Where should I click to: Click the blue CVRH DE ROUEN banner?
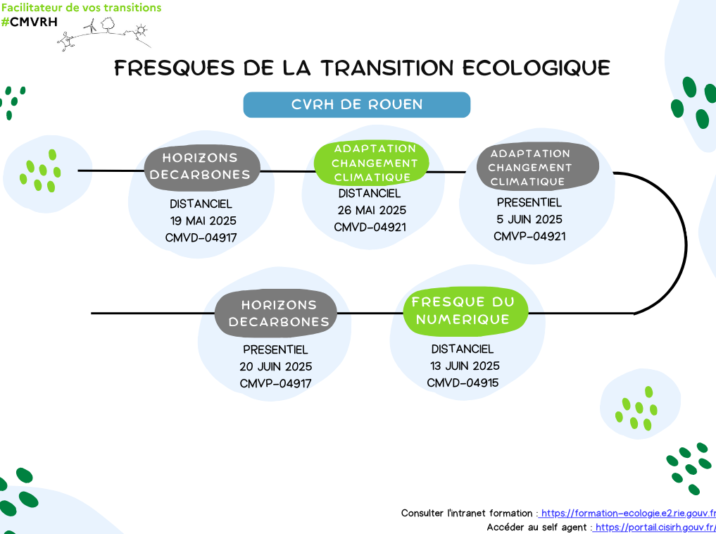point(357,104)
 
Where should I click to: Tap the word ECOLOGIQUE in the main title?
point(536,68)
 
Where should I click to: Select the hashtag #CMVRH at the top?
point(30,21)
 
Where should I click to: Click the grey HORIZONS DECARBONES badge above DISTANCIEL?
point(202,167)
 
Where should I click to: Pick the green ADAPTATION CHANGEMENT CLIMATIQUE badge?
point(372,163)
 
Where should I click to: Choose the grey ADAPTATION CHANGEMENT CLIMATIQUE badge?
point(537,167)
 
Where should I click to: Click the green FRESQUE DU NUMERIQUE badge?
point(465,311)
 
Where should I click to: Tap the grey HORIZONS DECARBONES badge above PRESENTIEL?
point(276,313)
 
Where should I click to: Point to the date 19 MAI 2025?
point(203,221)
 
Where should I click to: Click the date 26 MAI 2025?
point(372,210)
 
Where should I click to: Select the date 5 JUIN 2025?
point(529,219)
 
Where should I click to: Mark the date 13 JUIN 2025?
point(465,366)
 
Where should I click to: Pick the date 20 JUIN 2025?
point(276,366)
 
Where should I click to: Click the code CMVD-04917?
point(201,237)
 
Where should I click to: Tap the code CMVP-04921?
point(529,236)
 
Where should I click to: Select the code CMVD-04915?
point(463,383)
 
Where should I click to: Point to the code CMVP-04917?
point(275,383)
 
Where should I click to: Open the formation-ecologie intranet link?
point(627,513)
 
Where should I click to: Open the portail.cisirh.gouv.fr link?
point(655,527)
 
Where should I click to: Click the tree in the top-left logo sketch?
point(108,25)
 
